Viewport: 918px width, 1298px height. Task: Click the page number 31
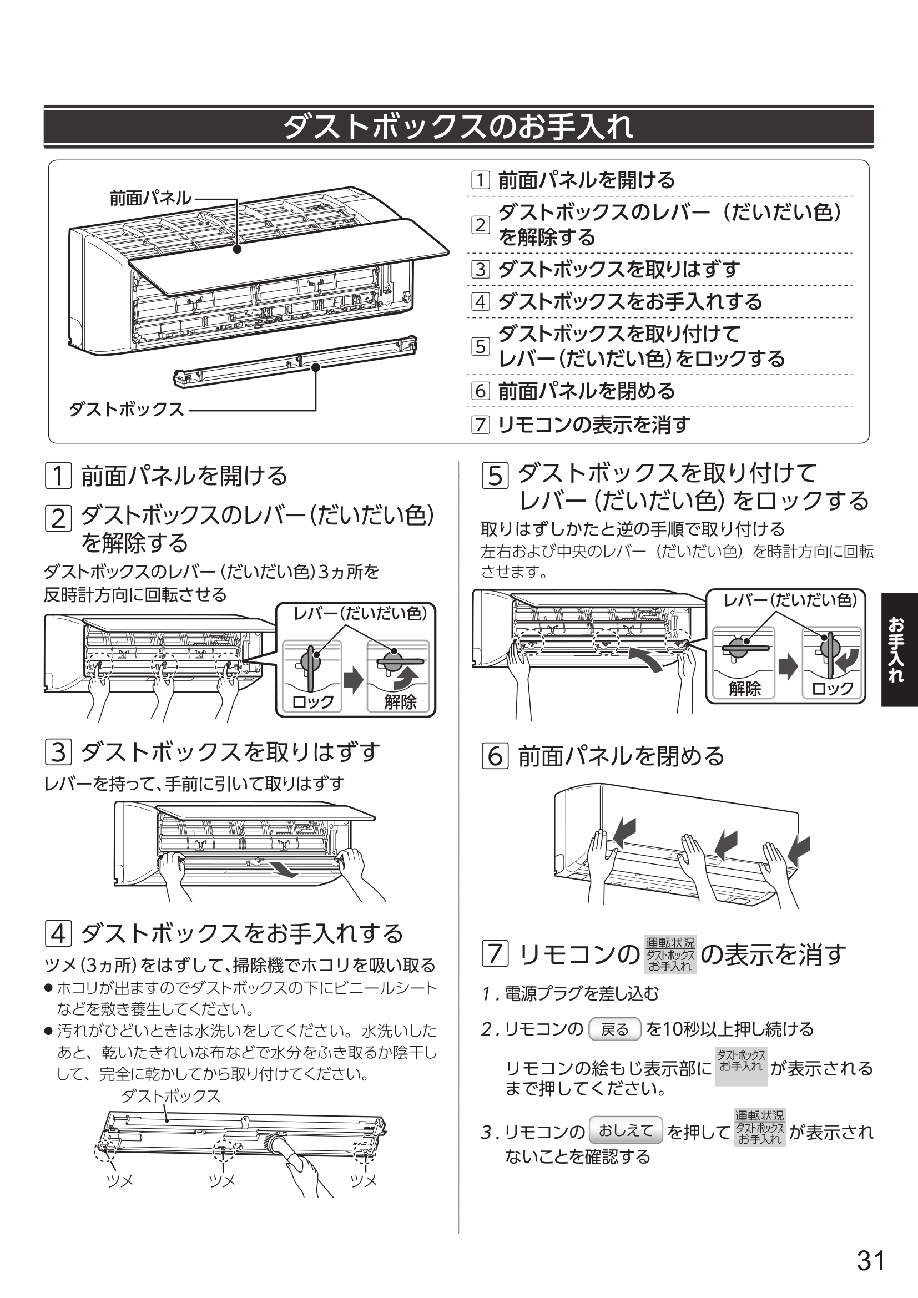[870, 1260]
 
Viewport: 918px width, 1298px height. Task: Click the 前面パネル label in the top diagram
[150, 198]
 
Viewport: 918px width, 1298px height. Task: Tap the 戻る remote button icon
[614, 1029]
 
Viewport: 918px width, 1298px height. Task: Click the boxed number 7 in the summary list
[480, 424]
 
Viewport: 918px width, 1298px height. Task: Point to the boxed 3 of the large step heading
[58, 752]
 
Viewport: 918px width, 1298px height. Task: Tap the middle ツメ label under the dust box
[222, 1181]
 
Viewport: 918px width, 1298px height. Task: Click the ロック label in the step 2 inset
[312, 701]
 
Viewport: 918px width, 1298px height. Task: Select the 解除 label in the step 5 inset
[744, 688]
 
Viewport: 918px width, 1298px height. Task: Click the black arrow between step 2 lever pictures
[354, 679]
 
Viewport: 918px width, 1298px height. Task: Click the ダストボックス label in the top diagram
[127, 410]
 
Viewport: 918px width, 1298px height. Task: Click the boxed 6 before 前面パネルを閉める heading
[495, 756]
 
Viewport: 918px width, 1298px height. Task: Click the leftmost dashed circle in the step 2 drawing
[100, 668]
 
